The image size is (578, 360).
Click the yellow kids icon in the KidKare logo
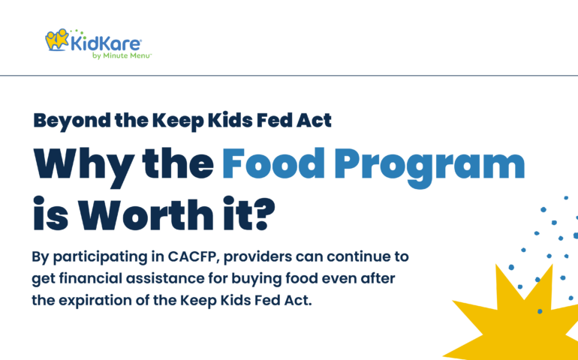tap(57, 40)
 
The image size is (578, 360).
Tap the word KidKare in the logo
tap(105, 43)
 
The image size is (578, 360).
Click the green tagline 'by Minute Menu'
tap(122, 56)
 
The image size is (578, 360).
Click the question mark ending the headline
tap(265, 214)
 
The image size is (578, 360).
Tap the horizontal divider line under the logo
tap(289, 76)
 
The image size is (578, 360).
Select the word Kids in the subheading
tap(227, 120)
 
